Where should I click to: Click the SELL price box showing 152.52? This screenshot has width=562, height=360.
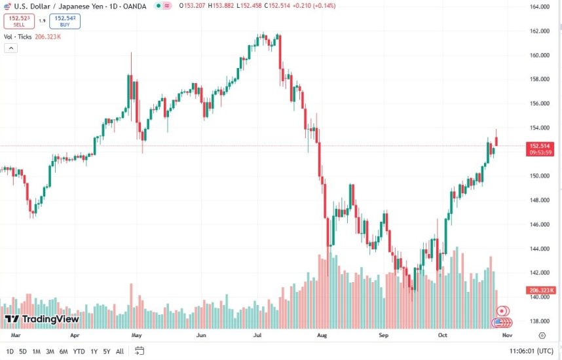18,21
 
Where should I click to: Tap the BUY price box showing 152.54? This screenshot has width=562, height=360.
65,21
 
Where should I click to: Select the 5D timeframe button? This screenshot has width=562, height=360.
23,351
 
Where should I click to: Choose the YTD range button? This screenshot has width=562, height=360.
79,351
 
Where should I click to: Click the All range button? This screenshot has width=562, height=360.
119,351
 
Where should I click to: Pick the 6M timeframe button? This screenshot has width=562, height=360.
64,351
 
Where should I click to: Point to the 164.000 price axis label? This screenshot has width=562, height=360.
539,7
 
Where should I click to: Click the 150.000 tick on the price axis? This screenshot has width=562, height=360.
539,176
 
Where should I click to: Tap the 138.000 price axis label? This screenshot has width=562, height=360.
539,321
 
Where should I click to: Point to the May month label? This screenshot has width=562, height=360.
136,334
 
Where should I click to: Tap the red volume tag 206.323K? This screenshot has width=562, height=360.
542,290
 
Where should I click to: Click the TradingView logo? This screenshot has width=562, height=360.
42,319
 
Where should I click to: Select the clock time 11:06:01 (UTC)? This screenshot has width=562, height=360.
531,351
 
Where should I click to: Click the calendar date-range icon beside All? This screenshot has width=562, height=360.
140,351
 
